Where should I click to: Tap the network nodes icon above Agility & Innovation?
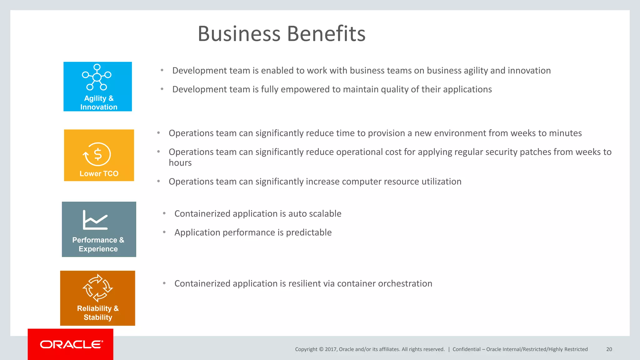tap(97, 77)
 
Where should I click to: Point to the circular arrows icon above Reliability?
tap(97, 288)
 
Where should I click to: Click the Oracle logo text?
tap(71, 344)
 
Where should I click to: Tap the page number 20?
tap(609, 349)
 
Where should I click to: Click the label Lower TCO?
tap(99, 174)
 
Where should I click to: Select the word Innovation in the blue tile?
tap(99, 107)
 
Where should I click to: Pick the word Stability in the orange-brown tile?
tap(98, 317)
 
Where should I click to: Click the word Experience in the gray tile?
tap(98, 249)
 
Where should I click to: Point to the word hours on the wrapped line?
tap(180, 163)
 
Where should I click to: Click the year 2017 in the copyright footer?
tap(330, 349)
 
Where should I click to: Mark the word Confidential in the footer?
tap(467, 349)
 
